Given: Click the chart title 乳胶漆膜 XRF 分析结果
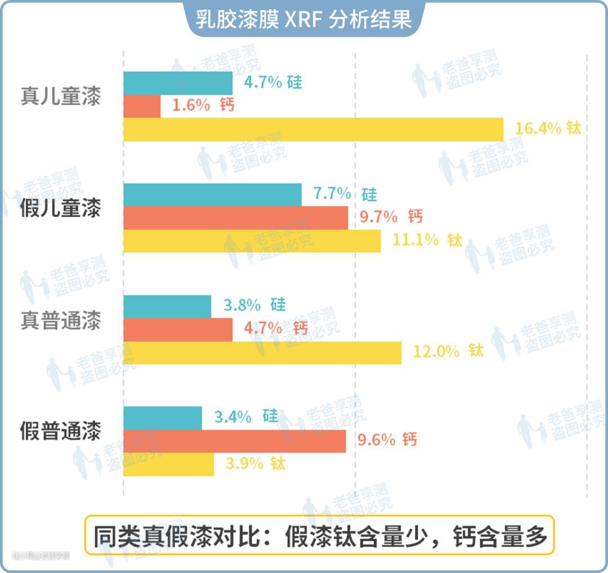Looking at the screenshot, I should (x=304, y=19).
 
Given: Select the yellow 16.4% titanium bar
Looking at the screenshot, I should (x=313, y=129).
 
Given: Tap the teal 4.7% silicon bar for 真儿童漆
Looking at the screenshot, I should (x=178, y=83).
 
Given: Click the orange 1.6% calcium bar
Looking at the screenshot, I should (x=142, y=106).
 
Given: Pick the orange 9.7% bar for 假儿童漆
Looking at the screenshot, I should (x=235, y=218).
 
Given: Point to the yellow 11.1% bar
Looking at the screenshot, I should (x=252, y=241).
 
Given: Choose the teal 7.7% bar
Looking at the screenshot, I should (x=212, y=195).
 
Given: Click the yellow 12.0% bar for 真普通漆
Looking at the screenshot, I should (x=262, y=352).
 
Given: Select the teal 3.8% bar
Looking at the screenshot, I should (x=167, y=306).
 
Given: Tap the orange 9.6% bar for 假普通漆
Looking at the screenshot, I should (x=234, y=441).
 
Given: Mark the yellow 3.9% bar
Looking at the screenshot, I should (x=168, y=464).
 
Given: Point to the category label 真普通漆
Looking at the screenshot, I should (x=61, y=321).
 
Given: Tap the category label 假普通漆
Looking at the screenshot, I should (x=61, y=432).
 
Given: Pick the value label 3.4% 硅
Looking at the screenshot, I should (x=246, y=417).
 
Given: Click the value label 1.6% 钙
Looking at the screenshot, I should (x=203, y=106).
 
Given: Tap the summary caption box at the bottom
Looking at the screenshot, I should (x=319, y=535).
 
